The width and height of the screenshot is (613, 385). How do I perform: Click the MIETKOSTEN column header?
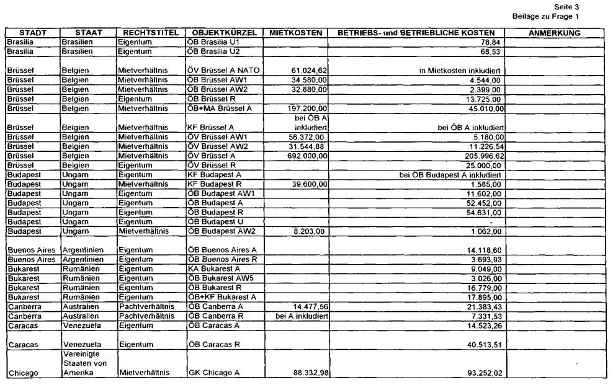coord(296,32)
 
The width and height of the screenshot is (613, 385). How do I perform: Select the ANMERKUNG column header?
coord(555,32)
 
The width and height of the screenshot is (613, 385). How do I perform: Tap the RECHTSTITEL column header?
coord(151,32)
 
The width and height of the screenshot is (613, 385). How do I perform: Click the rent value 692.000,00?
coord(305,156)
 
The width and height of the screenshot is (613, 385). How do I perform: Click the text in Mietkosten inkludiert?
coord(460,71)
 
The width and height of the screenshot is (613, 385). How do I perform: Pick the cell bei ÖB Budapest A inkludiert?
coord(450,175)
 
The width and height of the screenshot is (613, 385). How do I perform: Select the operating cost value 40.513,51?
coord(483,344)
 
